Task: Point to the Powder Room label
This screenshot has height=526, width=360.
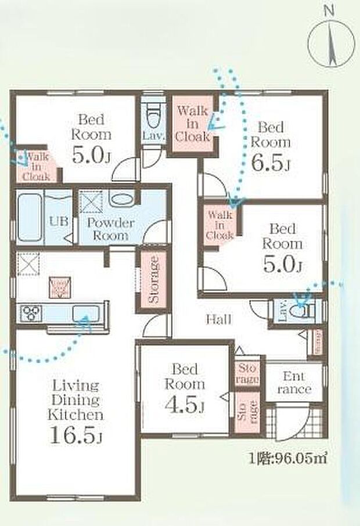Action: [111, 229]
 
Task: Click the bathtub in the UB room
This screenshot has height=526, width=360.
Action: [30, 218]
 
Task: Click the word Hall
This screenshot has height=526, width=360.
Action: [218, 319]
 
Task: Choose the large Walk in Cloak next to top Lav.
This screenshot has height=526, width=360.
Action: [192, 124]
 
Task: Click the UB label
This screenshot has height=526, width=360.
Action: [56, 221]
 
